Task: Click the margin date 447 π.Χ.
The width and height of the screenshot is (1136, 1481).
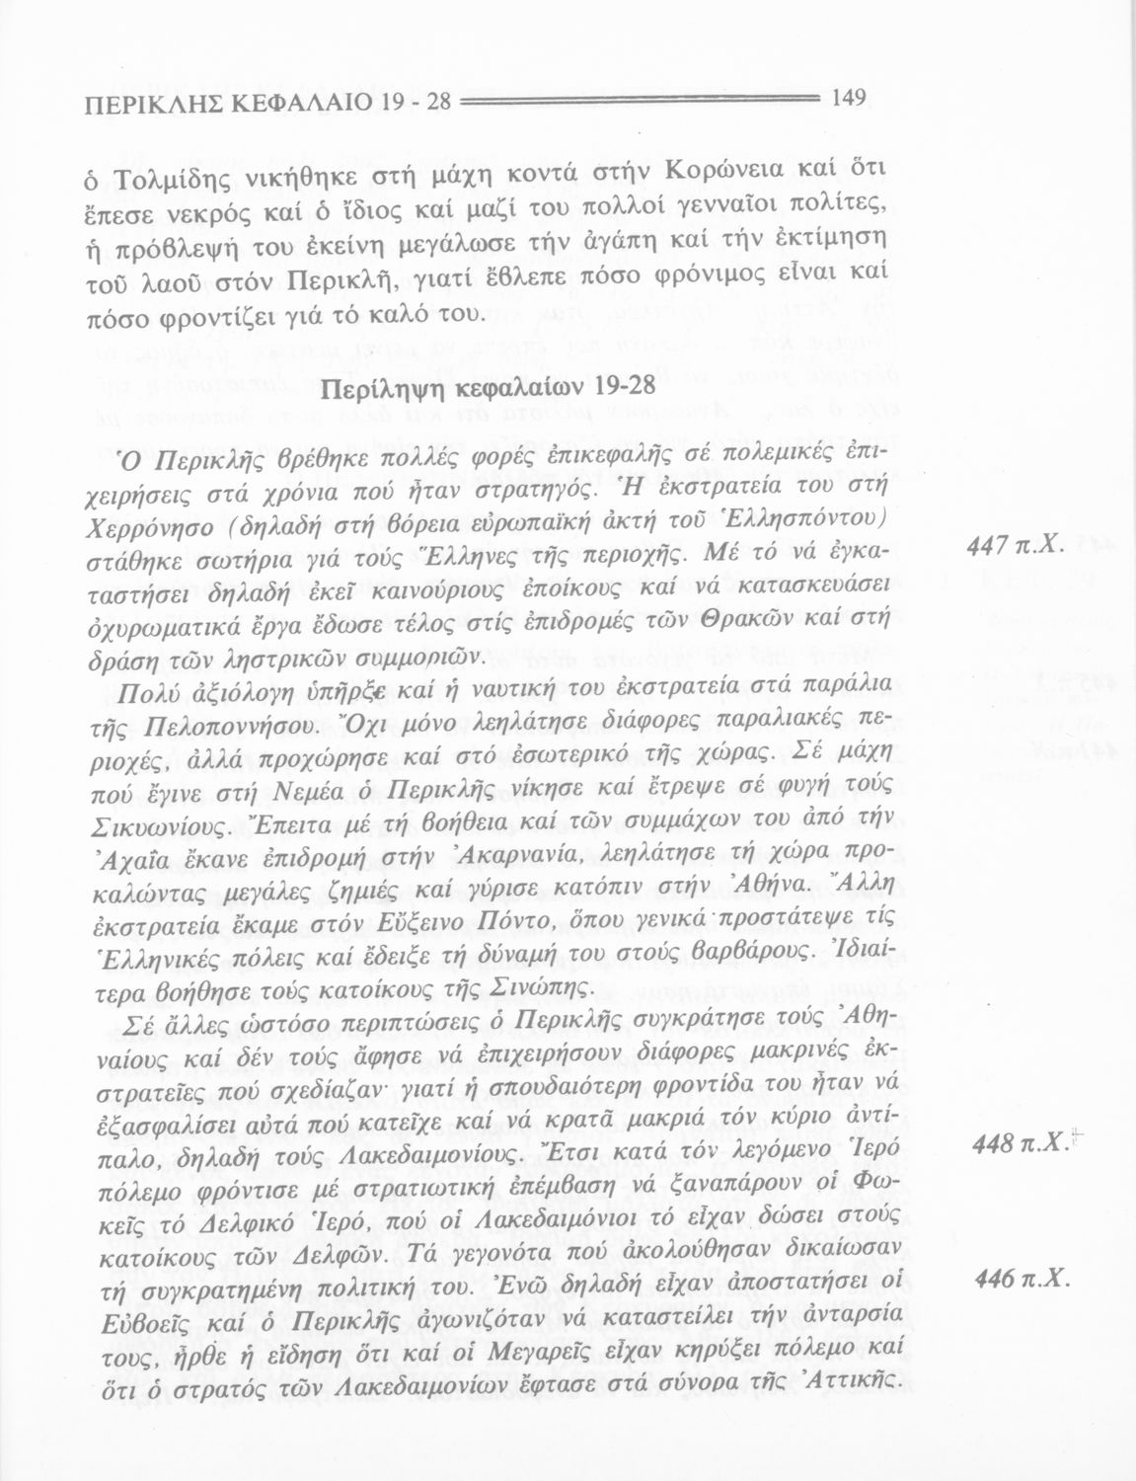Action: pos(1021,572)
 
